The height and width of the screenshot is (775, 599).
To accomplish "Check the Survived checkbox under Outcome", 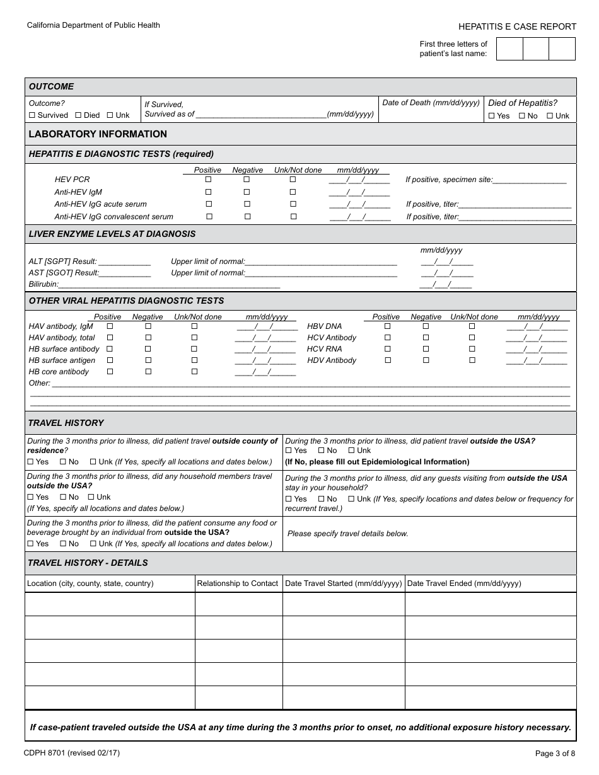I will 32,115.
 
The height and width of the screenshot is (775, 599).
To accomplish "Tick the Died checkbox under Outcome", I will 78,115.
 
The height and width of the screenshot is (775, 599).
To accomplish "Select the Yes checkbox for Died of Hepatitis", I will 492,116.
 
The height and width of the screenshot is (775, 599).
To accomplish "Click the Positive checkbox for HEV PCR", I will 209,180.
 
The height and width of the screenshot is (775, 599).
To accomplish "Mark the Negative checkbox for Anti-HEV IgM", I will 247,192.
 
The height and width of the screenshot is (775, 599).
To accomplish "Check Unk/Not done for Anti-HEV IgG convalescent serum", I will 293,217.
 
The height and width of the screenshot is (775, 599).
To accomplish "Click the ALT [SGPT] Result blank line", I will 124,261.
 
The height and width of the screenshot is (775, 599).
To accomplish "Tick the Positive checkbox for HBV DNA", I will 387,326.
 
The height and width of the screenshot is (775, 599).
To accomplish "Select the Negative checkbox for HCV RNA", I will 426,349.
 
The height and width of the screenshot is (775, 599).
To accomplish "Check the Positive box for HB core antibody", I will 110,372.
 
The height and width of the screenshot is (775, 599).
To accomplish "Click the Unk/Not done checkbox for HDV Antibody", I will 472,360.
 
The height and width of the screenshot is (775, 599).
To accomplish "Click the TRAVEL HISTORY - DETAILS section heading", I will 88,563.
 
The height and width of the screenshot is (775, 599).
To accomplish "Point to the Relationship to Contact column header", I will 237,583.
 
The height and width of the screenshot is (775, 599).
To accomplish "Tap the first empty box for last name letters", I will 509,49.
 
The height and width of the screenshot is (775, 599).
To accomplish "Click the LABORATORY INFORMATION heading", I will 98,134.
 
